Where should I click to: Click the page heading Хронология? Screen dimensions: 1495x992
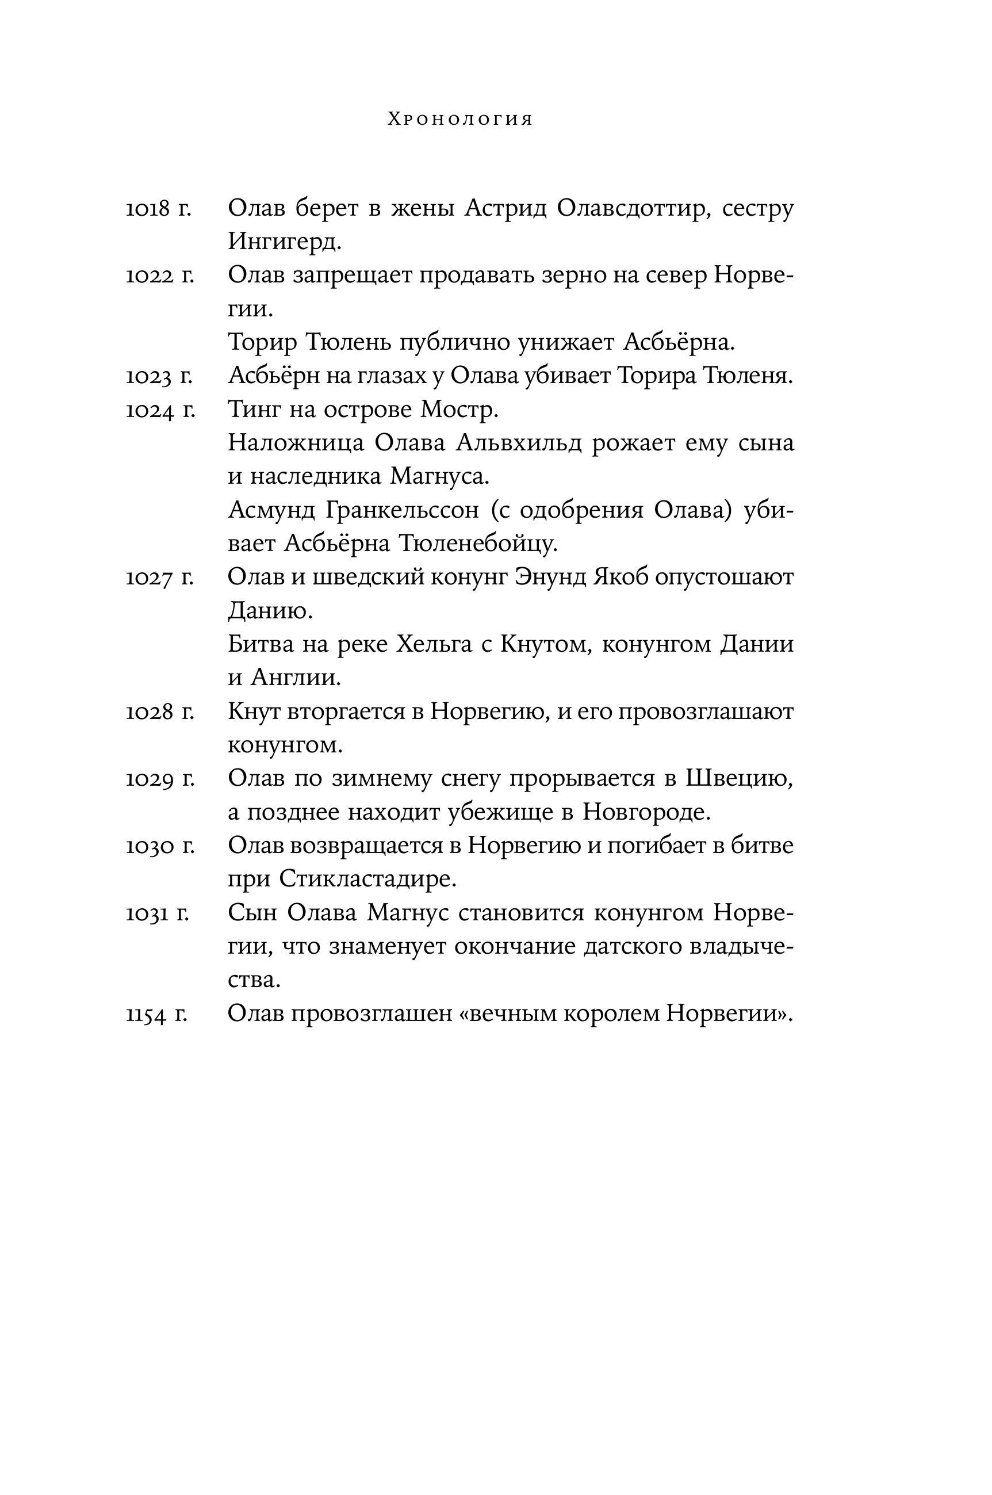click(460, 120)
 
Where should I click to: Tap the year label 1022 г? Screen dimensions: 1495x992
click(159, 277)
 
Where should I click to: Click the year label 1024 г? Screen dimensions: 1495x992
click(160, 411)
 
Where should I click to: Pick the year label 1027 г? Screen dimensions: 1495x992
click(159, 578)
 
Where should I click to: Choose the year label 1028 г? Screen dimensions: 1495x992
click(159, 712)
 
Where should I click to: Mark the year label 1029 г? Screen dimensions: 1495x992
click(160, 779)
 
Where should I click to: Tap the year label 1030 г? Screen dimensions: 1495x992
click(159, 847)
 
